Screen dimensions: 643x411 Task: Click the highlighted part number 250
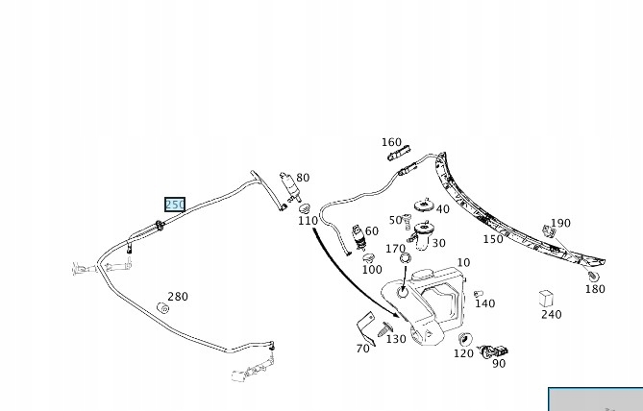tap(174, 205)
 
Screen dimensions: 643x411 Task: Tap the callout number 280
tap(178, 297)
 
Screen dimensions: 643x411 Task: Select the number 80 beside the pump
tap(303, 178)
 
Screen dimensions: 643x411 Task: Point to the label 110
tap(308, 221)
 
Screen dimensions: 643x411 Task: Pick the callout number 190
tap(560, 223)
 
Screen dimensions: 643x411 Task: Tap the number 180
tap(595, 289)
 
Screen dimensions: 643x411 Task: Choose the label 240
tap(551, 314)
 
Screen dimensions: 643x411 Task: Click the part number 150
tap(493, 239)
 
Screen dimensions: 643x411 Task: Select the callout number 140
tap(485, 303)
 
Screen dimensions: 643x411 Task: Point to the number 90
tap(498, 363)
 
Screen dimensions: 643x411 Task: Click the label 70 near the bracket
tap(362, 348)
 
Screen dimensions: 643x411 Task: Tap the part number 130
tap(396, 338)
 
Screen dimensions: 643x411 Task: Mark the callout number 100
tap(372, 269)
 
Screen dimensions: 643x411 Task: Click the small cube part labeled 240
tap(546, 297)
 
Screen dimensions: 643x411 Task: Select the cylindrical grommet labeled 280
tap(163, 308)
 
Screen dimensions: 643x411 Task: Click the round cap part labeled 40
tap(422, 205)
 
